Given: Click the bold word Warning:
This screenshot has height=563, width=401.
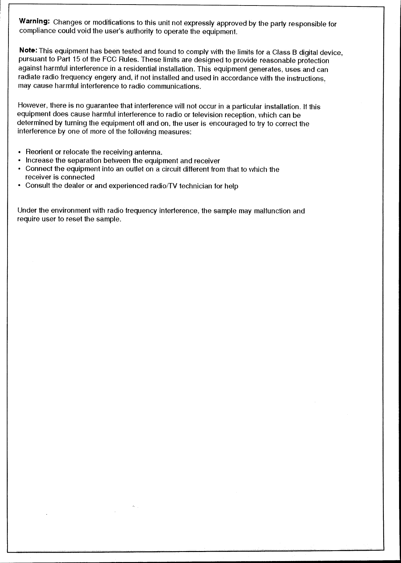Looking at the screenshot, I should (x=34, y=22).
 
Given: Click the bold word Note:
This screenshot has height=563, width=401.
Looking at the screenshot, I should (x=29, y=51).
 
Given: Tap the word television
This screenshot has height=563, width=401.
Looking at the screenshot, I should (x=207, y=115).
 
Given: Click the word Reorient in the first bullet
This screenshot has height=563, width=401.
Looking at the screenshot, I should (x=39, y=152).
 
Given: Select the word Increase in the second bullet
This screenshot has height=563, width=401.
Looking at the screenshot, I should (x=39, y=161).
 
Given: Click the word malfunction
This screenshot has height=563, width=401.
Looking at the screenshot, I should (x=273, y=211).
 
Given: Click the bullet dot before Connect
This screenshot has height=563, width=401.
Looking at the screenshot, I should (x=20, y=169).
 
